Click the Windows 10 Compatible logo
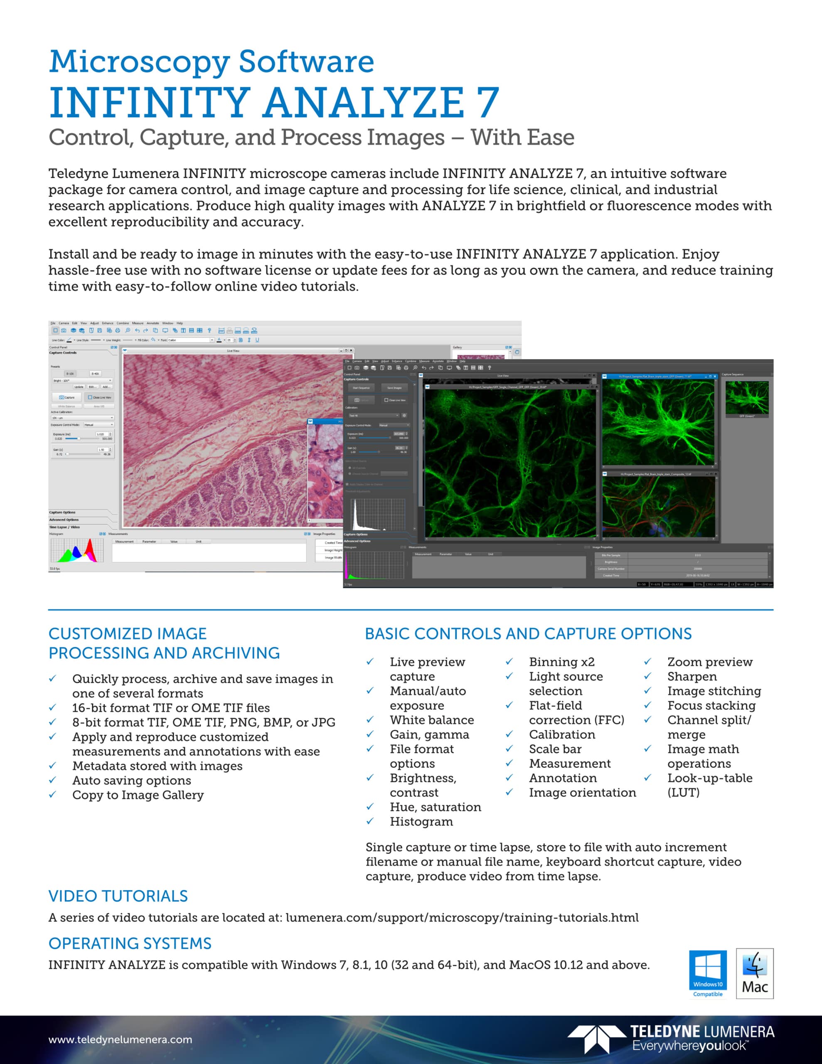(x=707, y=973)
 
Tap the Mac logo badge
(x=754, y=973)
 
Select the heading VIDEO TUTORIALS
(x=118, y=896)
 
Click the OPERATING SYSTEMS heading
(x=130, y=943)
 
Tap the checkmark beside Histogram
(x=370, y=821)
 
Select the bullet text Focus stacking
(x=711, y=705)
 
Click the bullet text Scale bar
(x=555, y=749)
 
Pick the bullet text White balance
(x=431, y=720)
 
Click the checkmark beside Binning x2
(x=509, y=662)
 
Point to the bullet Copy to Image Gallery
(x=138, y=795)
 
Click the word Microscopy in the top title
(x=139, y=62)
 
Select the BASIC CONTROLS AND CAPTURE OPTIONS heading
(x=528, y=633)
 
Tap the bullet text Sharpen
(x=692, y=676)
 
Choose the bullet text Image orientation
(x=582, y=793)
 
